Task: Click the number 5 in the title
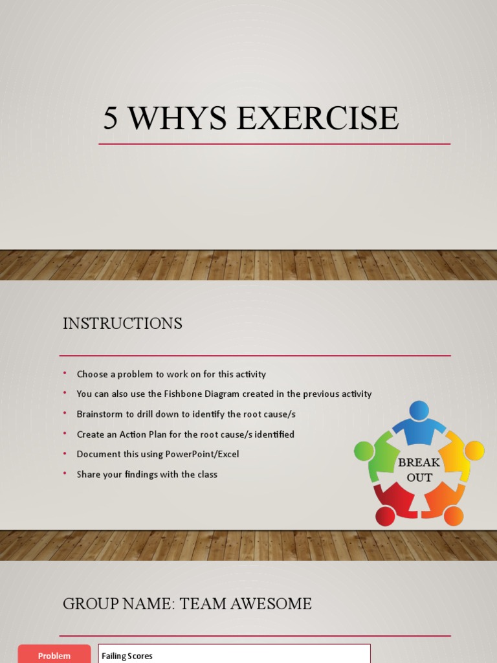(x=111, y=118)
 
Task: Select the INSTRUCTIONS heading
(x=122, y=323)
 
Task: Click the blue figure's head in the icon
(x=419, y=410)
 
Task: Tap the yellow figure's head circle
(x=474, y=450)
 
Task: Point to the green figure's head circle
(x=364, y=451)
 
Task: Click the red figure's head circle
(x=385, y=515)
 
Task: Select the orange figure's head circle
(x=454, y=515)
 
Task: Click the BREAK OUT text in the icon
(x=419, y=470)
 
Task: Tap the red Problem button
(x=54, y=655)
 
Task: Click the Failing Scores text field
(x=234, y=655)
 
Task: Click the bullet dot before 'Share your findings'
(x=65, y=474)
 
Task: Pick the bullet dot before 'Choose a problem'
(x=65, y=374)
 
